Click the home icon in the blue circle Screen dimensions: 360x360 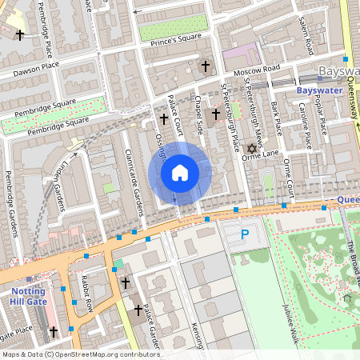(180, 173)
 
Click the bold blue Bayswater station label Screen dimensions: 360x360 (319, 90)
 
